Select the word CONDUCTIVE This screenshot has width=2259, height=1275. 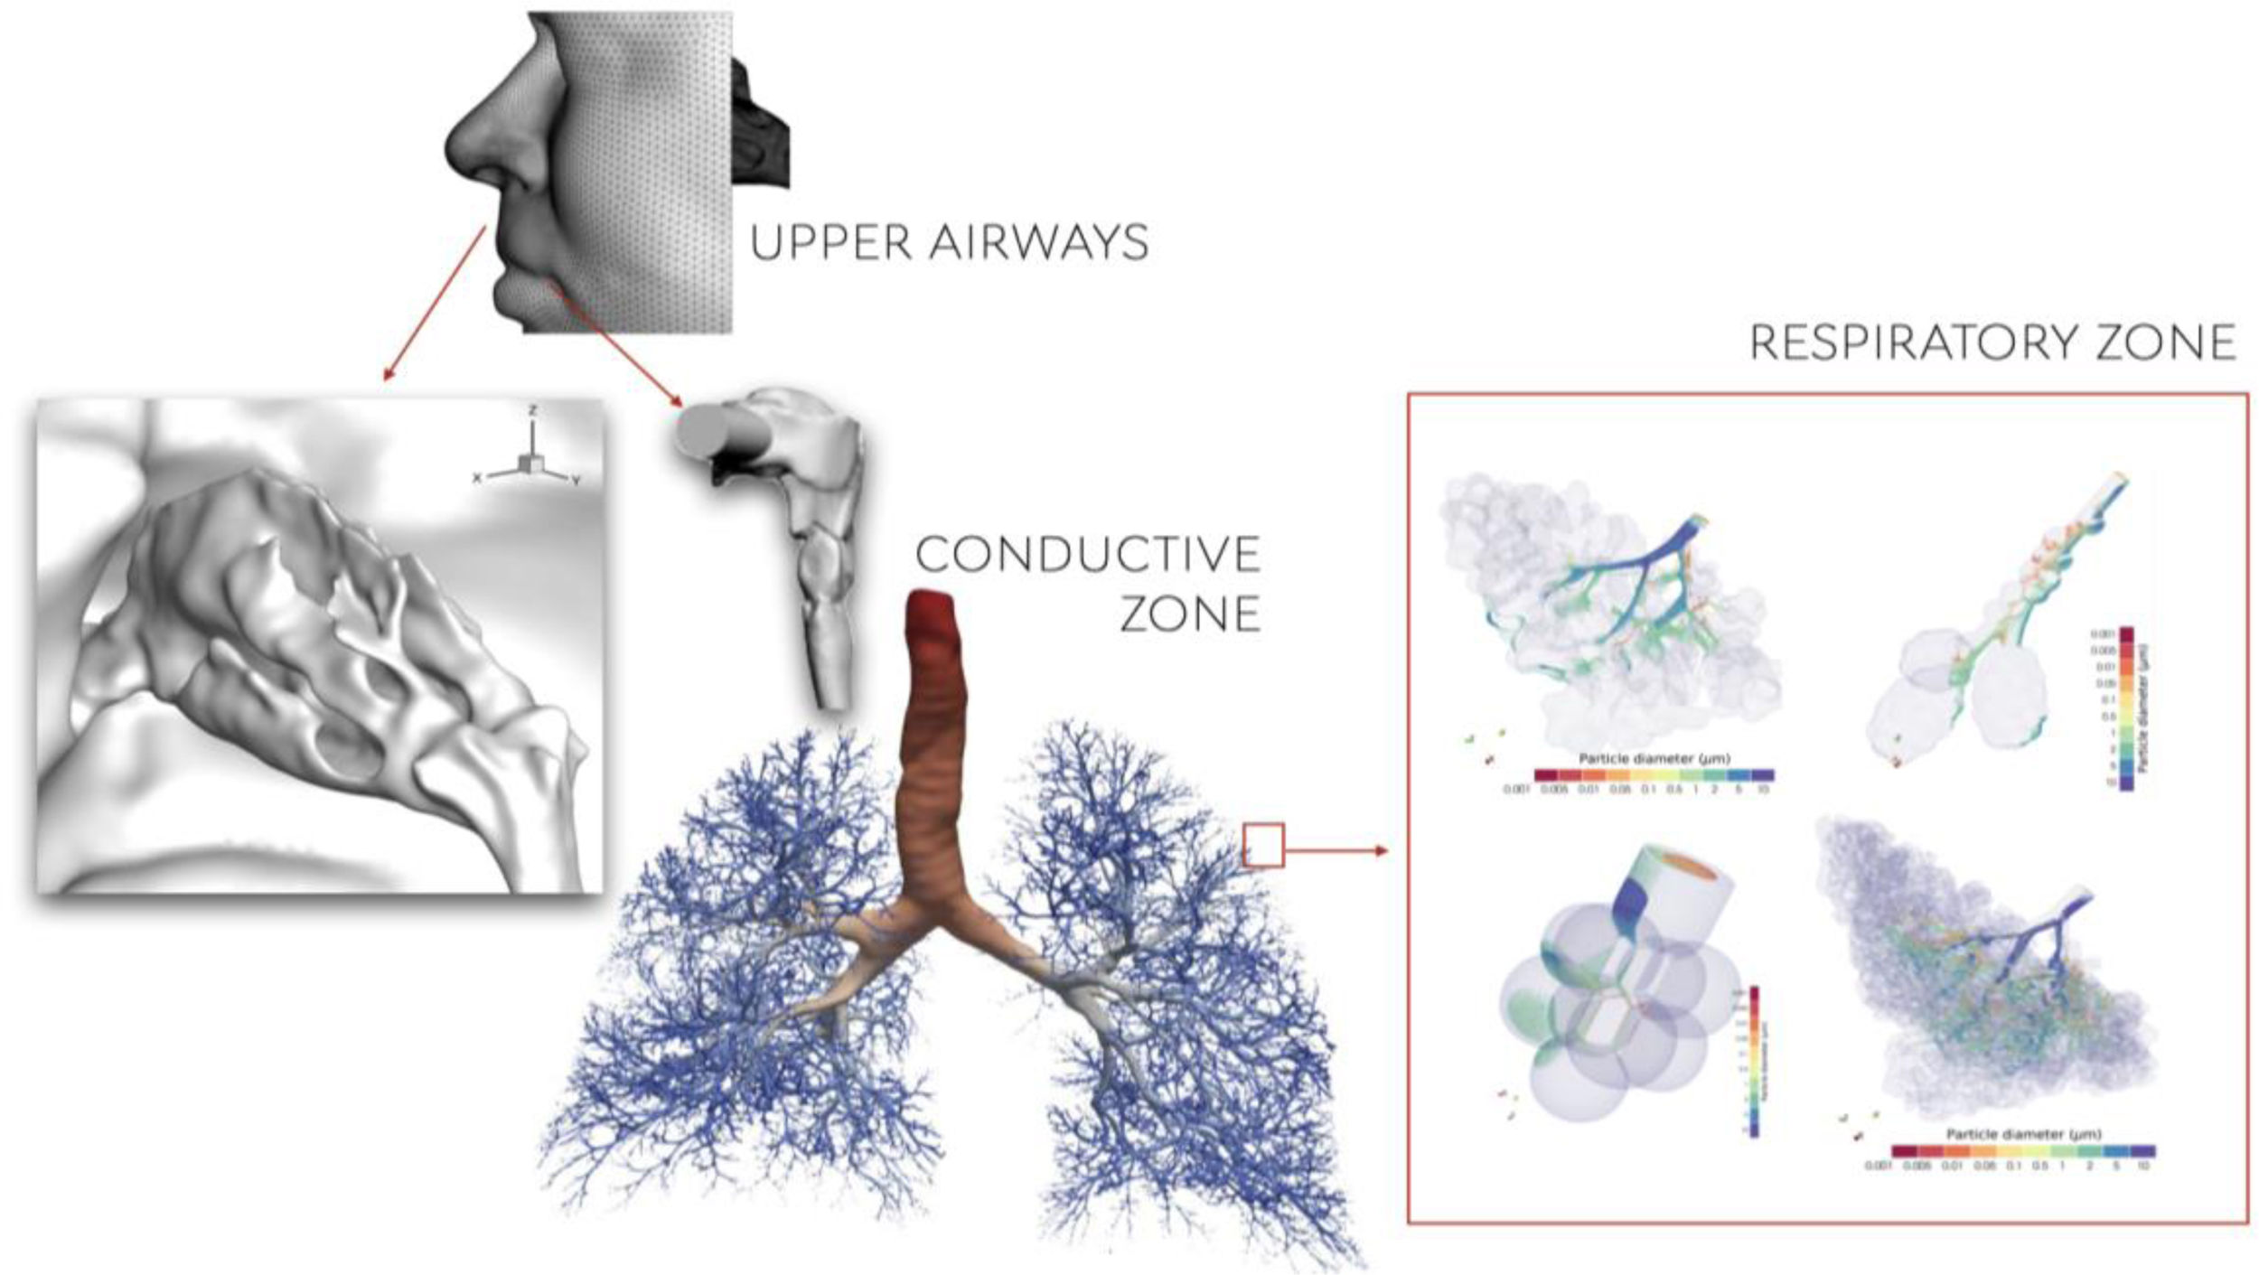coord(1088,555)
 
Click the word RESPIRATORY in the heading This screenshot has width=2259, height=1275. coord(1914,343)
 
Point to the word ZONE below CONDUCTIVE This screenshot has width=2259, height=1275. coord(1190,614)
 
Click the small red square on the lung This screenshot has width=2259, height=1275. coord(1263,846)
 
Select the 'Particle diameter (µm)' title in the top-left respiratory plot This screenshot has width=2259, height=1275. coord(1654,759)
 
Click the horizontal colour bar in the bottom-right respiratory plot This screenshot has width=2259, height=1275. coord(2022,1150)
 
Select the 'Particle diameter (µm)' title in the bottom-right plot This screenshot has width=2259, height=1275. coord(2023,1133)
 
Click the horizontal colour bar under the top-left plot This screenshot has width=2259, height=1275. coord(1654,774)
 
